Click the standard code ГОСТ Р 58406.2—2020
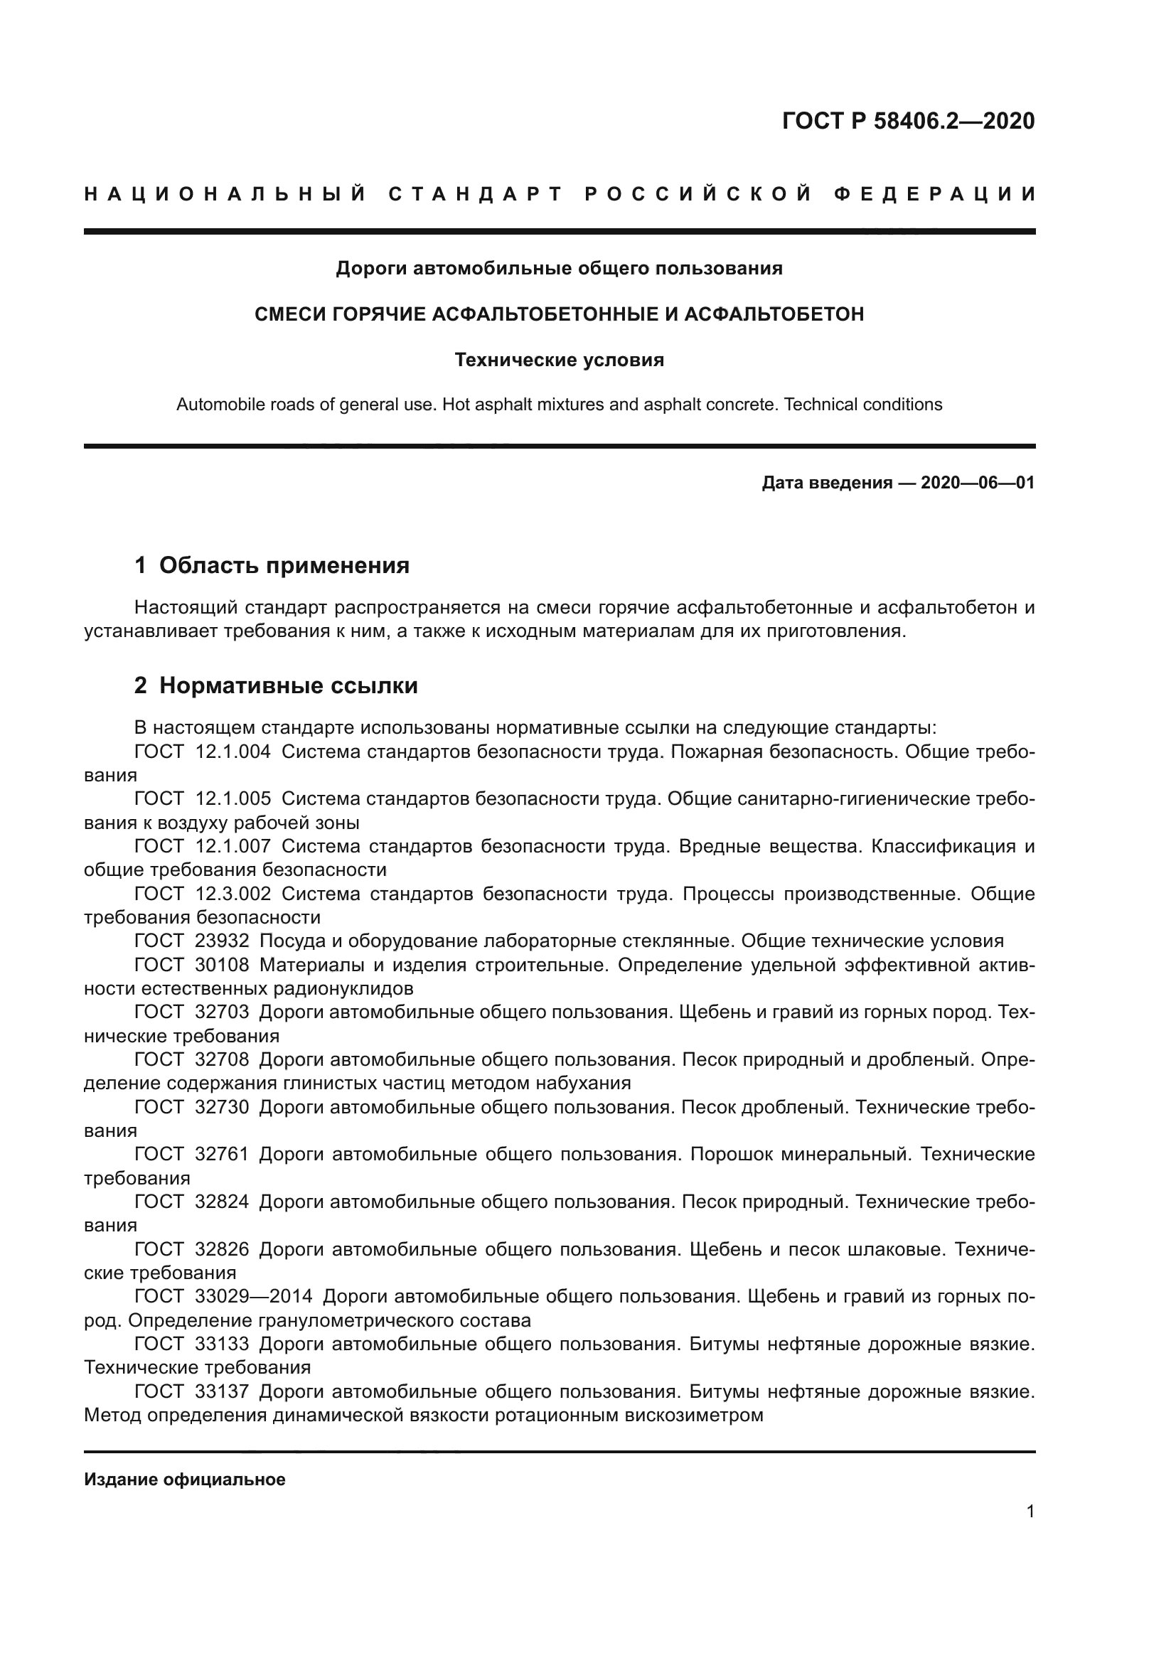point(908,121)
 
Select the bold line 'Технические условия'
point(559,360)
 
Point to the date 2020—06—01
point(978,483)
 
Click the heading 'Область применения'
point(284,565)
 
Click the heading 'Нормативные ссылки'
point(288,685)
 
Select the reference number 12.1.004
point(233,752)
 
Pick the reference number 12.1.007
point(233,847)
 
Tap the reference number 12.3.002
point(233,894)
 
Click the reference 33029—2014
point(253,1297)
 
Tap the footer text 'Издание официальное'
point(185,1480)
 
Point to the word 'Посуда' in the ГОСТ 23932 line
point(288,941)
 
